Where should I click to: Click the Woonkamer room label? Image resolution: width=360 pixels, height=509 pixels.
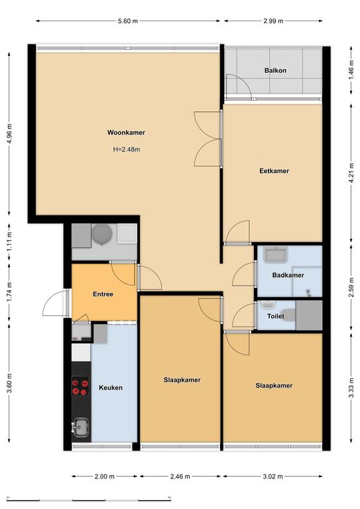[x=126, y=133]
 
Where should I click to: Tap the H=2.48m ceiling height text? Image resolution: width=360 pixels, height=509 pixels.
[x=127, y=150]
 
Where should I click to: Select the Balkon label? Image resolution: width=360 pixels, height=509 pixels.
[x=275, y=70]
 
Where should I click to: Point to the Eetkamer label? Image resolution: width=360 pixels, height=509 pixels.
[x=274, y=171]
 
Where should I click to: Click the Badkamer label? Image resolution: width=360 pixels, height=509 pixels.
[x=288, y=275]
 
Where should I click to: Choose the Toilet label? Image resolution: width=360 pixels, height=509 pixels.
[x=276, y=316]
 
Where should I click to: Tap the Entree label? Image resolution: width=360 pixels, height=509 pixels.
[x=103, y=294]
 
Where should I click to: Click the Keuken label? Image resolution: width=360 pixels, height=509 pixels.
[x=111, y=388]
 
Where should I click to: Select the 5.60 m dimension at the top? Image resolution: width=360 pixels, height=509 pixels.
[x=128, y=21]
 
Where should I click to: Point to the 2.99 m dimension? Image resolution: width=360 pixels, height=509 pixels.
[x=273, y=21]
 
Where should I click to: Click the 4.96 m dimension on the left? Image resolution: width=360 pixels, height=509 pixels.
[x=9, y=134]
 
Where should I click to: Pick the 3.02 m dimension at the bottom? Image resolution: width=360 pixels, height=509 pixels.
[x=272, y=477]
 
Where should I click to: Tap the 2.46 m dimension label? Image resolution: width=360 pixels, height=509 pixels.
[x=180, y=477]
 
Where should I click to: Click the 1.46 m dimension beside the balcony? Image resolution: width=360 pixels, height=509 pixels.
[x=351, y=70]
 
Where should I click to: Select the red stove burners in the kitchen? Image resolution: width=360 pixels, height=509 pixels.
[x=80, y=386]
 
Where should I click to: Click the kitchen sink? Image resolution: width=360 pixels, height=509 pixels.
[x=80, y=427]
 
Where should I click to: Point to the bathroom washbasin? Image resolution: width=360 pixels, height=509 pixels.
[x=276, y=254]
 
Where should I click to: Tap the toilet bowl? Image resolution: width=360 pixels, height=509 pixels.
[x=288, y=315]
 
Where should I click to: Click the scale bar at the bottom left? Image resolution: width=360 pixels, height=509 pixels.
[x=89, y=499]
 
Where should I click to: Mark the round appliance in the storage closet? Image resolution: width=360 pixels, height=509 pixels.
[x=102, y=234]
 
